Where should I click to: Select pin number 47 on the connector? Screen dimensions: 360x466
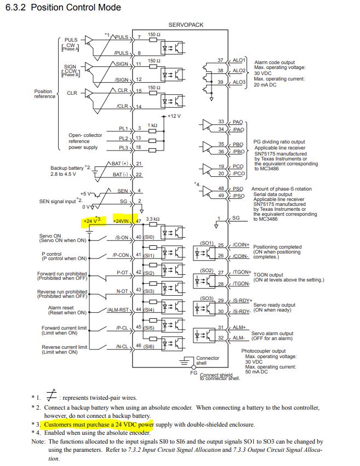[x=139, y=221]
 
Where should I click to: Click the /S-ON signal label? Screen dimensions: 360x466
[x=121, y=238]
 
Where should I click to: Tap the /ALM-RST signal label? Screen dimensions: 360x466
[x=117, y=310]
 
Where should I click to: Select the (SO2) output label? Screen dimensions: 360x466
[x=207, y=271]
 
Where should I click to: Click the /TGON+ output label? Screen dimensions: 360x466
[x=242, y=272]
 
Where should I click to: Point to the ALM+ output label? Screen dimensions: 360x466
[x=239, y=327]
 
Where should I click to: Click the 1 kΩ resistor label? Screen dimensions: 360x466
[x=152, y=125]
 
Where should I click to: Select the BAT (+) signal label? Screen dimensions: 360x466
[x=119, y=164]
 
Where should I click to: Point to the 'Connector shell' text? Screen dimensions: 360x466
[x=208, y=361]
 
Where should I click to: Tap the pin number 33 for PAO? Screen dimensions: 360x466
[x=221, y=121]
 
